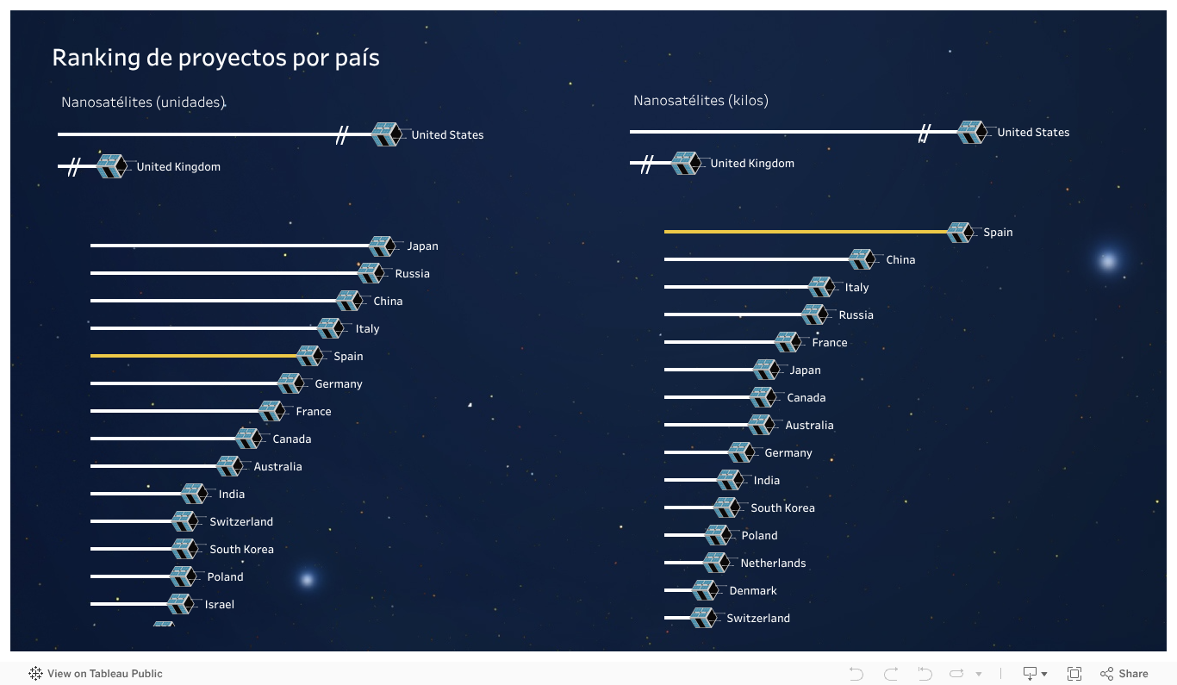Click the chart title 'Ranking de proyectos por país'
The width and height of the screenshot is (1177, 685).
(215, 58)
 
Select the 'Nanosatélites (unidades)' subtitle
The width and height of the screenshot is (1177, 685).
(143, 103)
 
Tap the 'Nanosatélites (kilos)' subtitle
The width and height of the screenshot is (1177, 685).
(701, 101)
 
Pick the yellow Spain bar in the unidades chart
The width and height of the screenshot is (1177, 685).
(194, 356)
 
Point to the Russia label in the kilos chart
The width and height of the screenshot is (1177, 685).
(856, 315)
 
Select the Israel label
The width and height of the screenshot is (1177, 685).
(219, 605)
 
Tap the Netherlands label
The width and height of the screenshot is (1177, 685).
(773, 564)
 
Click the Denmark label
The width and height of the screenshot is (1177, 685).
(753, 591)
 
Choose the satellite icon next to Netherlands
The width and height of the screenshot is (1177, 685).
(715, 564)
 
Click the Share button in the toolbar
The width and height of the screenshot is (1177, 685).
(1124, 674)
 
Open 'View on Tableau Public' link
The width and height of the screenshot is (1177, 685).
(96, 674)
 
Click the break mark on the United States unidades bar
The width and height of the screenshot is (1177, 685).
(342, 134)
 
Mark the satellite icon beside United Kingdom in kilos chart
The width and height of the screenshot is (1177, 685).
(685, 164)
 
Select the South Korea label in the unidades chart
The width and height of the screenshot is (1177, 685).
(241, 550)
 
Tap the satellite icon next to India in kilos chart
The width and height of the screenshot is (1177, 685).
(730, 481)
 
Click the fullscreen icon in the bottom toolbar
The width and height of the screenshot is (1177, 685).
(1074, 674)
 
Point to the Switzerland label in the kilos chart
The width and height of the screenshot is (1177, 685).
(757, 619)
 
